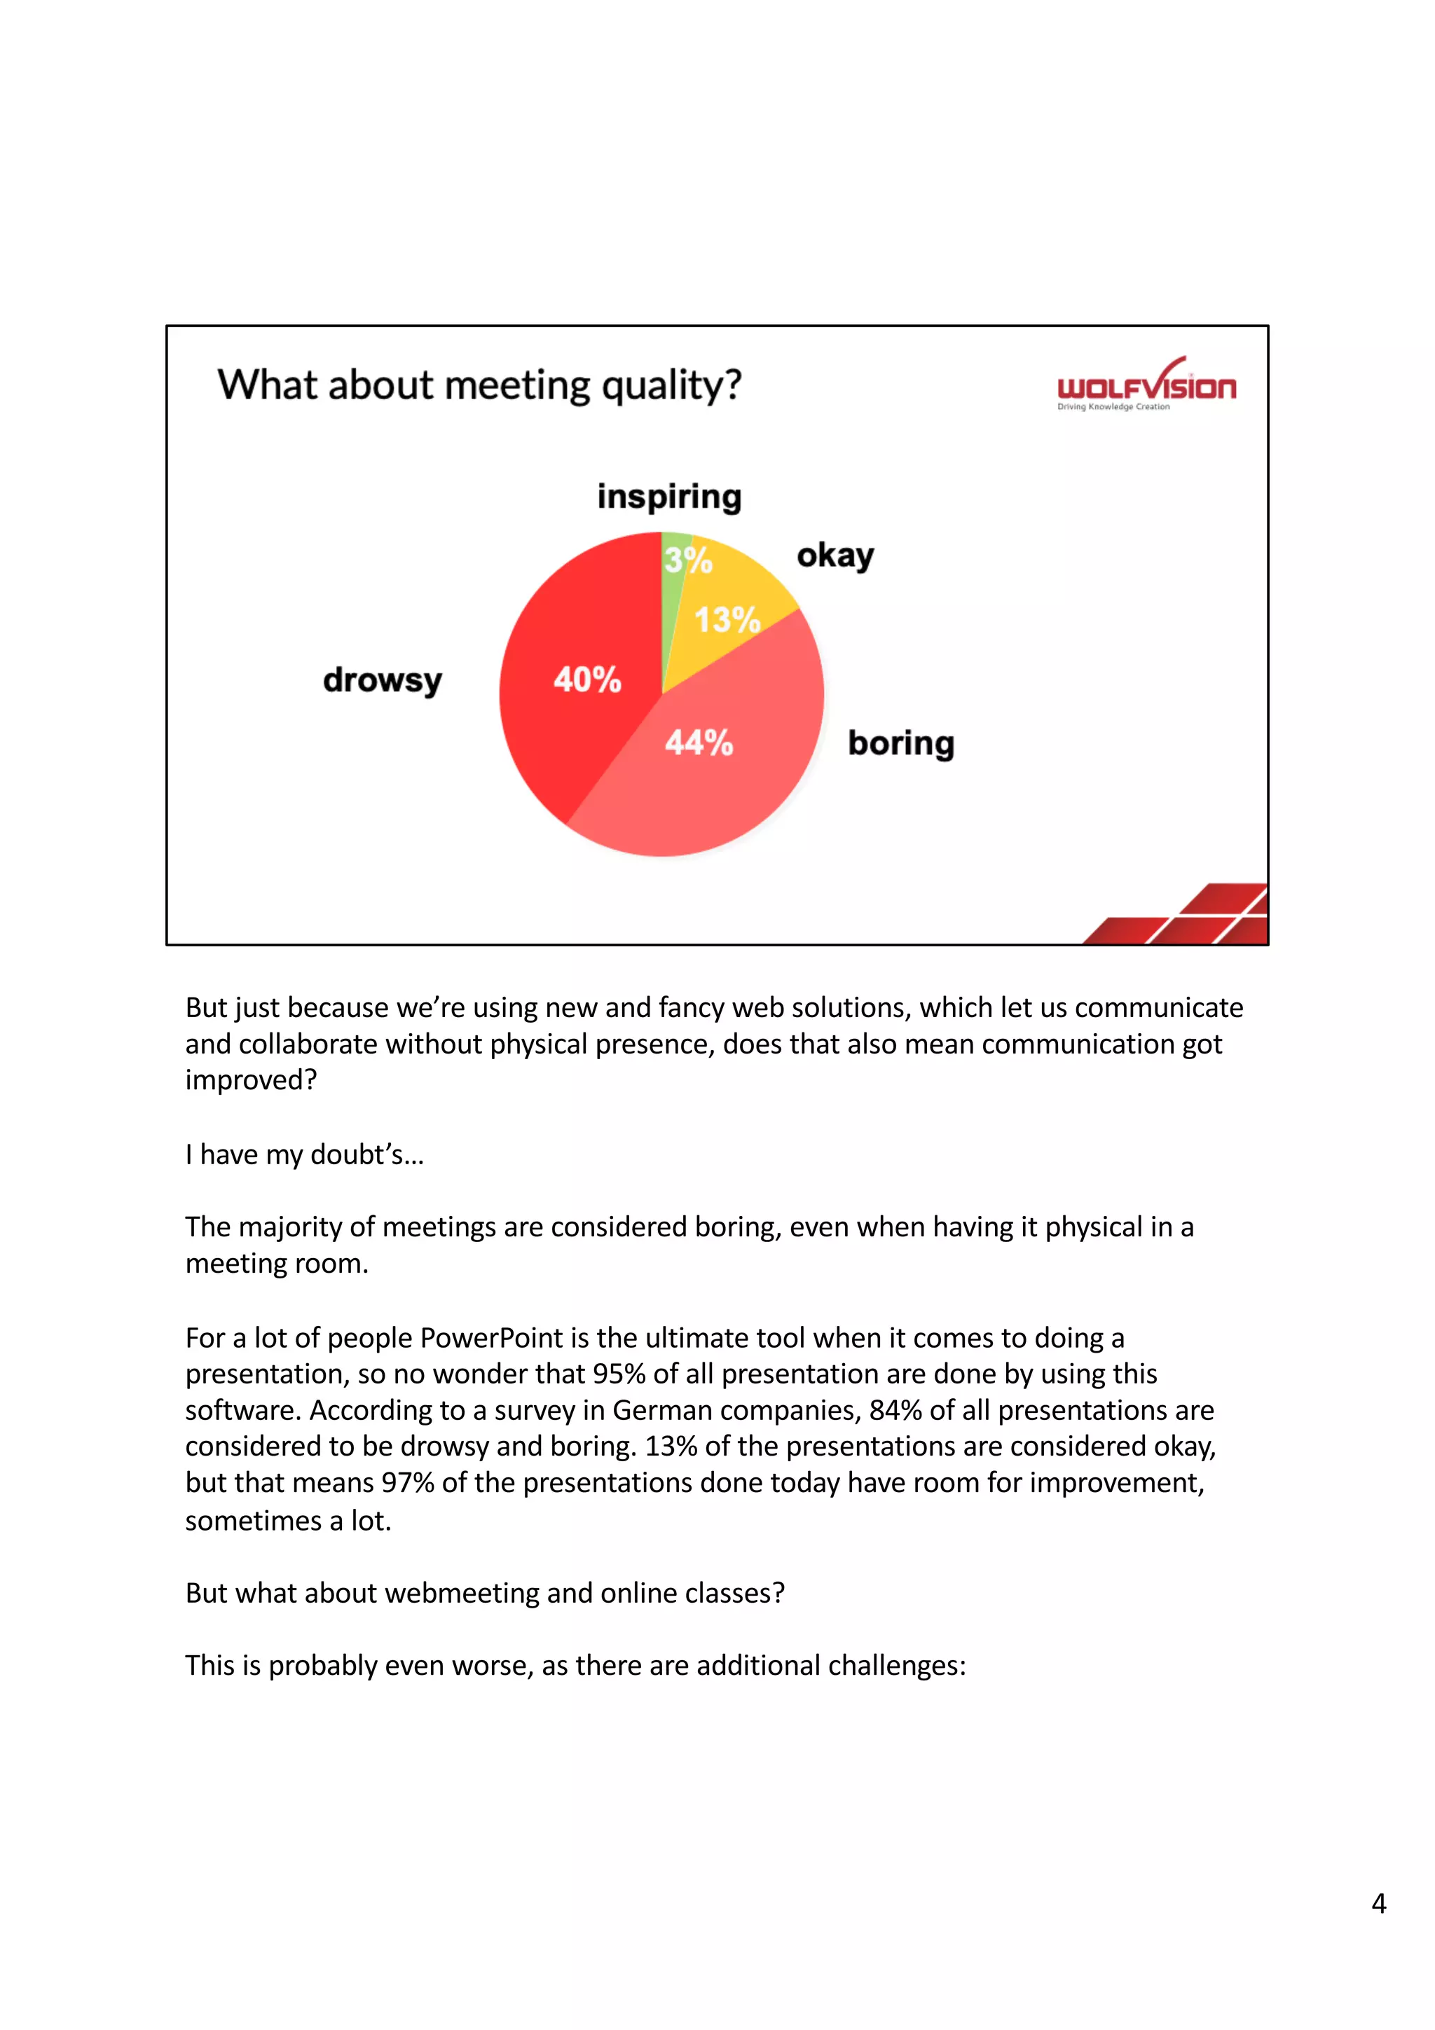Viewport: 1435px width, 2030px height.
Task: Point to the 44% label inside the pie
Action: pyautogui.click(x=699, y=743)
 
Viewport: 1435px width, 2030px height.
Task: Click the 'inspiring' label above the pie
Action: pyautogui.click(x=669, y=497)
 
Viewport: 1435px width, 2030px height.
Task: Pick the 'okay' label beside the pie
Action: pyautogui.click(x=835, y=556)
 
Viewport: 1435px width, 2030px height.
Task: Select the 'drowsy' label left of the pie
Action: pyautogui.click(x=382, y=680)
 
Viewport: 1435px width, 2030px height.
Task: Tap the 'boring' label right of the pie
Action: pyautogui.click(x=901, y=743)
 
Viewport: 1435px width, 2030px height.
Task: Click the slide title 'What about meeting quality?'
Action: pyautogui.click(x=479, y=385)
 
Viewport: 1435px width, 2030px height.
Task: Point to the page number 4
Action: pyautogui.click(x=1378, y=1904)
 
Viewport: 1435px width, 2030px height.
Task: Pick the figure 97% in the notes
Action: pyautogui.click(x=408, y=1483)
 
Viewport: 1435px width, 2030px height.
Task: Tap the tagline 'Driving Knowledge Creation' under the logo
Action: pyautogui.click(x=1113, y=408)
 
